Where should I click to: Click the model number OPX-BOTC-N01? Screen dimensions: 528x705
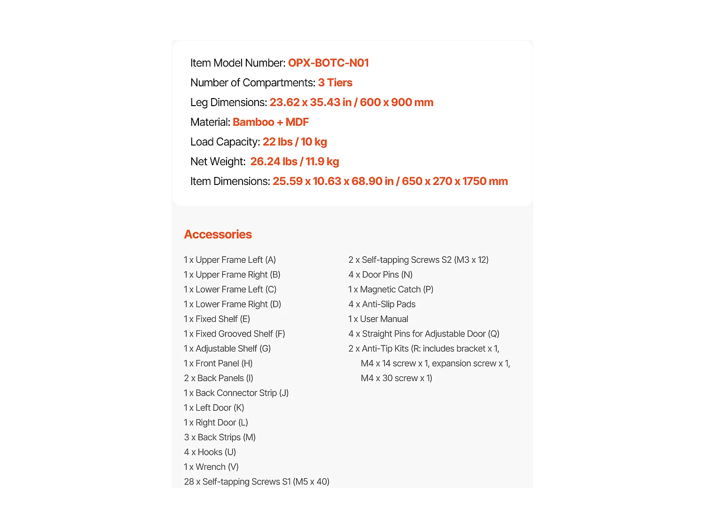pos(328,63)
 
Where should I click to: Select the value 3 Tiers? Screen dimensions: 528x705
pos(335,83)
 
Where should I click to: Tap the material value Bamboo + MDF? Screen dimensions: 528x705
pos(271,122)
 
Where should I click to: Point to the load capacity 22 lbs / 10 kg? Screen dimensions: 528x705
pos(295,142)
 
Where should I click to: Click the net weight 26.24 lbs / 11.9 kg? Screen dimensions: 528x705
pos(295,161)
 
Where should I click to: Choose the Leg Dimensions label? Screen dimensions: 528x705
pos(228,102)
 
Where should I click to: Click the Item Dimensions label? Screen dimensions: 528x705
pos(230,181)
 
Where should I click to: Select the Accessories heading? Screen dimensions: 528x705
pos(218,234)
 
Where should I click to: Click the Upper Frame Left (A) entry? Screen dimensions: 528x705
pos(230,260)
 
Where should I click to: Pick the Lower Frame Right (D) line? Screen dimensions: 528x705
pos(233,304)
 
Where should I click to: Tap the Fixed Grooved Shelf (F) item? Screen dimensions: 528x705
pos(235,334)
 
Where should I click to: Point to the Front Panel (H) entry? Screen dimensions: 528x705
pos(218,363)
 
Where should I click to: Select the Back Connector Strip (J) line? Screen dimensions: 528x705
pos(236,393)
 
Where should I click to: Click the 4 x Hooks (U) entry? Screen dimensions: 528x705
pos(210,452)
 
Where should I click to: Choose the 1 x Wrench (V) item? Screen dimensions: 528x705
pos(211,467)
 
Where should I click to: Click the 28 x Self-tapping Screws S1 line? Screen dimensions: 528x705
pos(257,482)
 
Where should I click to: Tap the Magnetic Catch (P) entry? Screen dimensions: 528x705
pos(391,289)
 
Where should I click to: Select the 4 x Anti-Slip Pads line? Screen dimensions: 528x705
pos(382,304)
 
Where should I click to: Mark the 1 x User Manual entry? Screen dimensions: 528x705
pos(378,319)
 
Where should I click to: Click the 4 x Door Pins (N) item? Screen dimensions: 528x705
pos(381,275)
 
